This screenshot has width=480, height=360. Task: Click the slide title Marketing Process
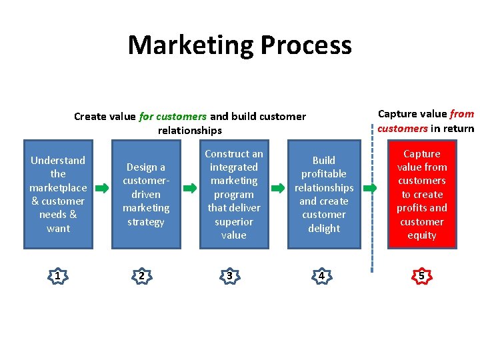point(239,45)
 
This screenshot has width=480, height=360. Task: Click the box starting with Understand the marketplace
point(58,194)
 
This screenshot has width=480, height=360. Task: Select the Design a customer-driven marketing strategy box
point(145,194)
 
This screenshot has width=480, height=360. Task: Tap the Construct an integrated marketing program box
point(233,194)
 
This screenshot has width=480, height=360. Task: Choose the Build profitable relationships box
point(324,194)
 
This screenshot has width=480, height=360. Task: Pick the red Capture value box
point(421,194)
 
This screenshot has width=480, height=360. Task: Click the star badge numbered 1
point(58,275)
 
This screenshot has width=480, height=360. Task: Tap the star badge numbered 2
point(141,275)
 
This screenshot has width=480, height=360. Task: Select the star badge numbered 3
point(229,275)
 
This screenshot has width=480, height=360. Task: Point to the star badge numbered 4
point(321,275)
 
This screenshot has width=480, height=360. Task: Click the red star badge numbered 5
point(421,275)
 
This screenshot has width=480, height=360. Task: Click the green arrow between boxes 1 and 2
point(101,189)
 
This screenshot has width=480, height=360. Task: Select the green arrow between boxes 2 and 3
point(190,189)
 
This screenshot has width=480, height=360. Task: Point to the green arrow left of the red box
point(375,189)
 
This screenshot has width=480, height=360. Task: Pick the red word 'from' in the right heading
point(461,114)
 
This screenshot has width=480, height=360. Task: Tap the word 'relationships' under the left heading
point(189,131)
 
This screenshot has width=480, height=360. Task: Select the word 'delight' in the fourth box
point(324,229)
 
